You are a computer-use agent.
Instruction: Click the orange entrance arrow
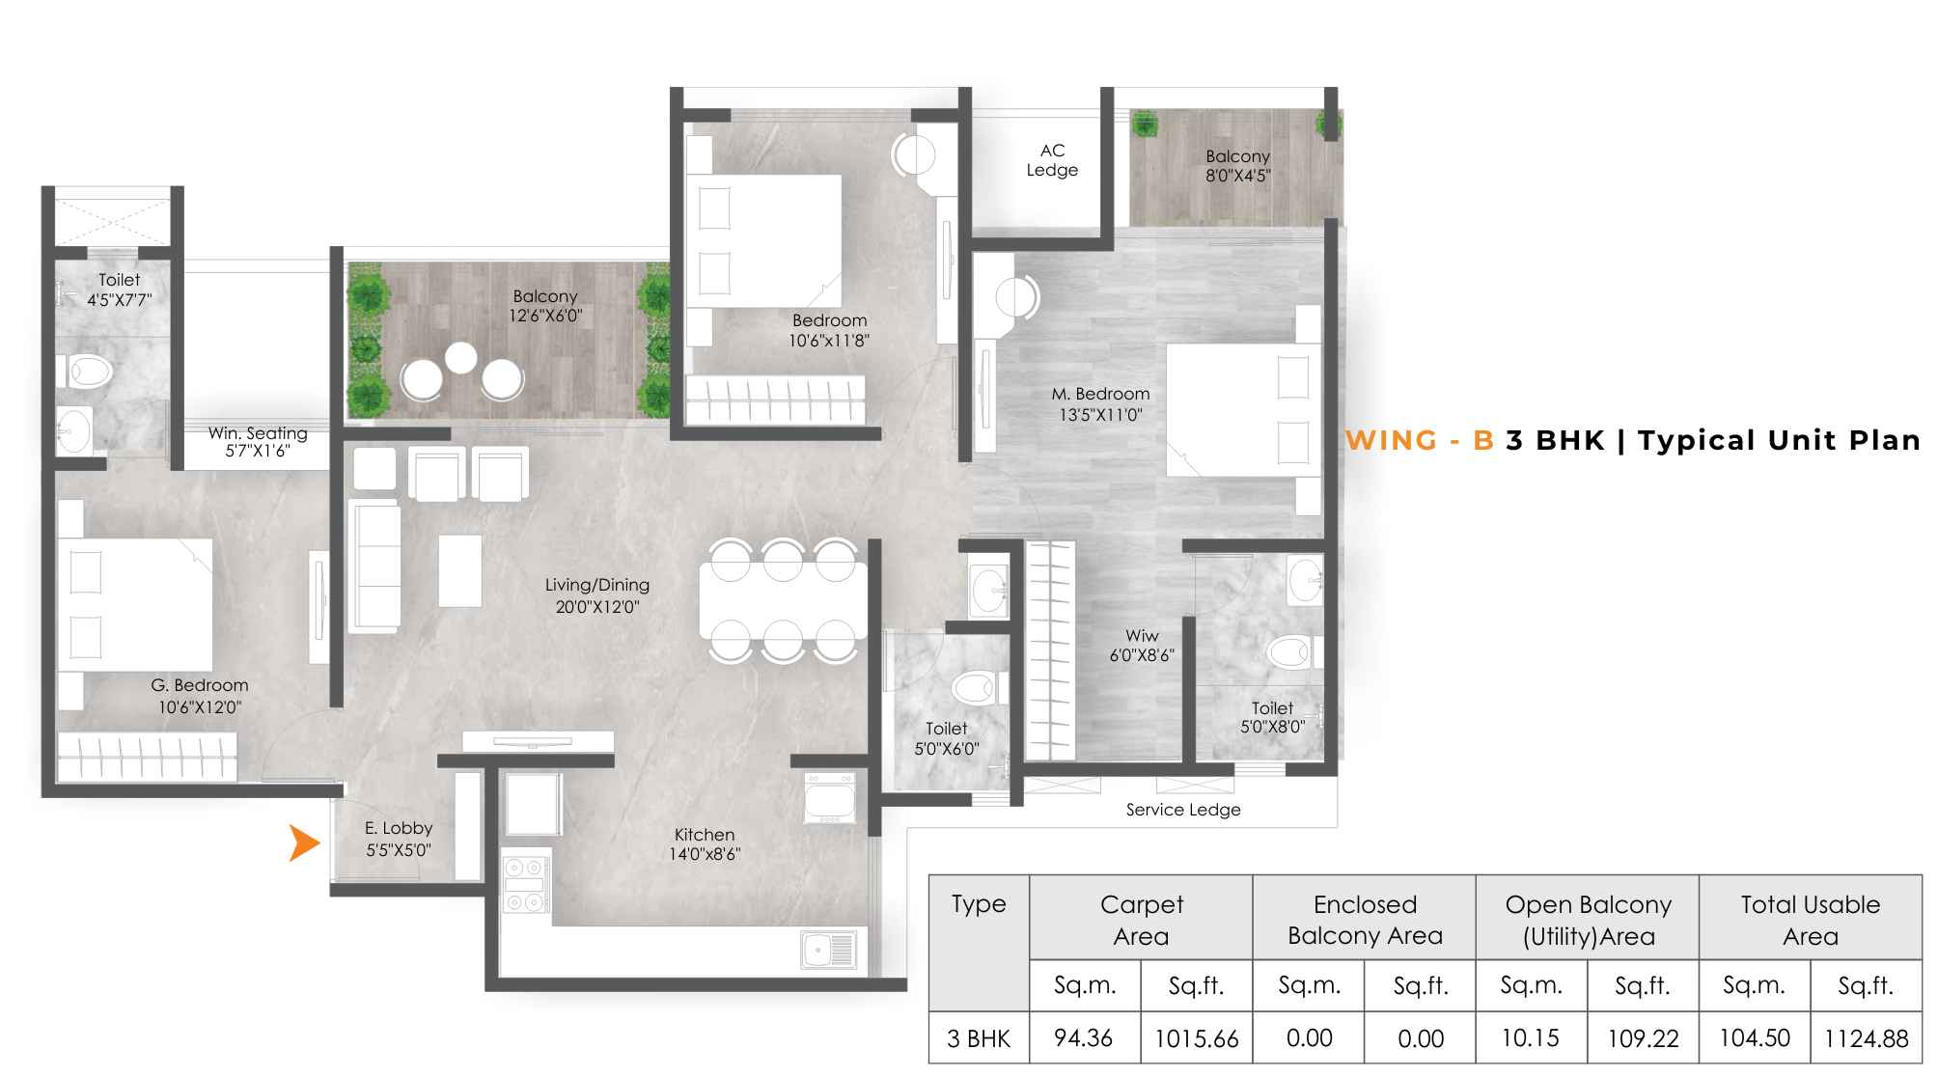[304, 842]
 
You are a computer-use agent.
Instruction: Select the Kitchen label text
[705, 834]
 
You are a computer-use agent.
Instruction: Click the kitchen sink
[828, 950]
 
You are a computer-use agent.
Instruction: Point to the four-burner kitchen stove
[526, 883]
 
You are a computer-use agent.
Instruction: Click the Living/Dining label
[597, 585]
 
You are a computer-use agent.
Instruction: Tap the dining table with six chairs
[783, 600]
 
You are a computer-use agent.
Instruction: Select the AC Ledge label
[1052, 160]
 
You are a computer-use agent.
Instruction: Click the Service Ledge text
[1183, 810]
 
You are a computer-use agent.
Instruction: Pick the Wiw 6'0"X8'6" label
[1142, 646]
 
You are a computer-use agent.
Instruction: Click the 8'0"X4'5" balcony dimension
[1238, 176]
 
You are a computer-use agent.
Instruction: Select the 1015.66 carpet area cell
[1197, 1038]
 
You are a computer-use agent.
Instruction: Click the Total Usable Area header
[1811, 920]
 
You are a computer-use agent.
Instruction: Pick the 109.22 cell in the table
[1643, 1038]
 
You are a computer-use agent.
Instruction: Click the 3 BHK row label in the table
[979, 1038]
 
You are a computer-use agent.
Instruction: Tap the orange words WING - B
[1420, 440]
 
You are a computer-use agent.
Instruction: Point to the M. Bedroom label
[1101, 394]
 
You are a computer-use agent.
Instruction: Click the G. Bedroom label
[200, 685]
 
